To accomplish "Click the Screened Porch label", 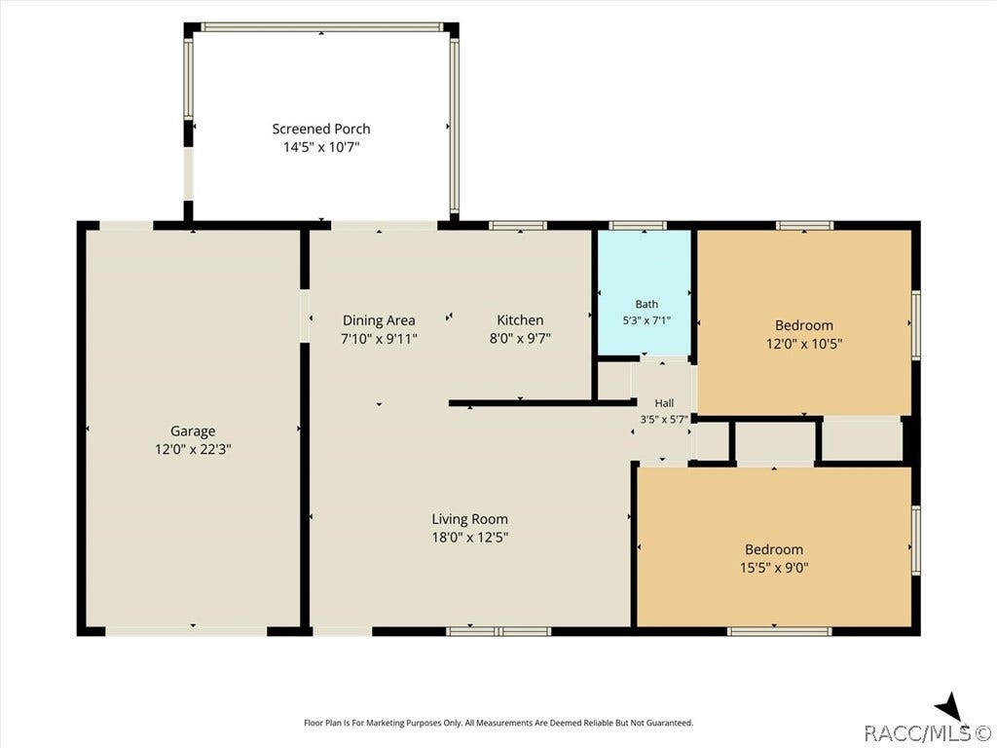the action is (321, 130).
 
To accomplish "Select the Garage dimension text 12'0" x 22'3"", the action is (193, 449).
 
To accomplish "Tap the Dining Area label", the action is (379, 320).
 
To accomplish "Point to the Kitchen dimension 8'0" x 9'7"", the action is (520, 338).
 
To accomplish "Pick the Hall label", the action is (664, 402).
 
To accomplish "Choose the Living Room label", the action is (470, 519).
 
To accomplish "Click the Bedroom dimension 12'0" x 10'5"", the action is (804, 344).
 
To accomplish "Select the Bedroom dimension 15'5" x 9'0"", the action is (774, 568).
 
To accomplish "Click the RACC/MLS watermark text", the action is (927, 732).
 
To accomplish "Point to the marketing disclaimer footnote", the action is (498, 723).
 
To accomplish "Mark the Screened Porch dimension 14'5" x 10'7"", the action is (321, 148).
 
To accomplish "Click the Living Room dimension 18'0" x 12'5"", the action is (470, 538).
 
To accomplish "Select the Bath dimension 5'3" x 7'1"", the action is (646, 320).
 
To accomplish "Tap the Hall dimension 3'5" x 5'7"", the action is (664, 419).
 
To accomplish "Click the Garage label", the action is (193, 431).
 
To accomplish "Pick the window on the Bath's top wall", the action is (638, 225).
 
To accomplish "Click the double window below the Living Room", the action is (498, 631).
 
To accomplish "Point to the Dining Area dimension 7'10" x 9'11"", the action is (379, 338).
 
